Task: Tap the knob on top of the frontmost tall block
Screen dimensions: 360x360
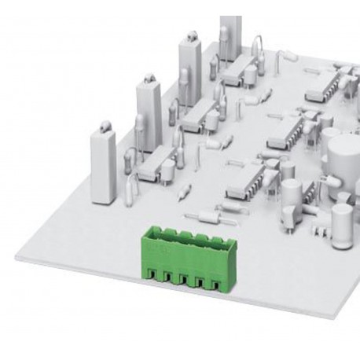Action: click(102, 126)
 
